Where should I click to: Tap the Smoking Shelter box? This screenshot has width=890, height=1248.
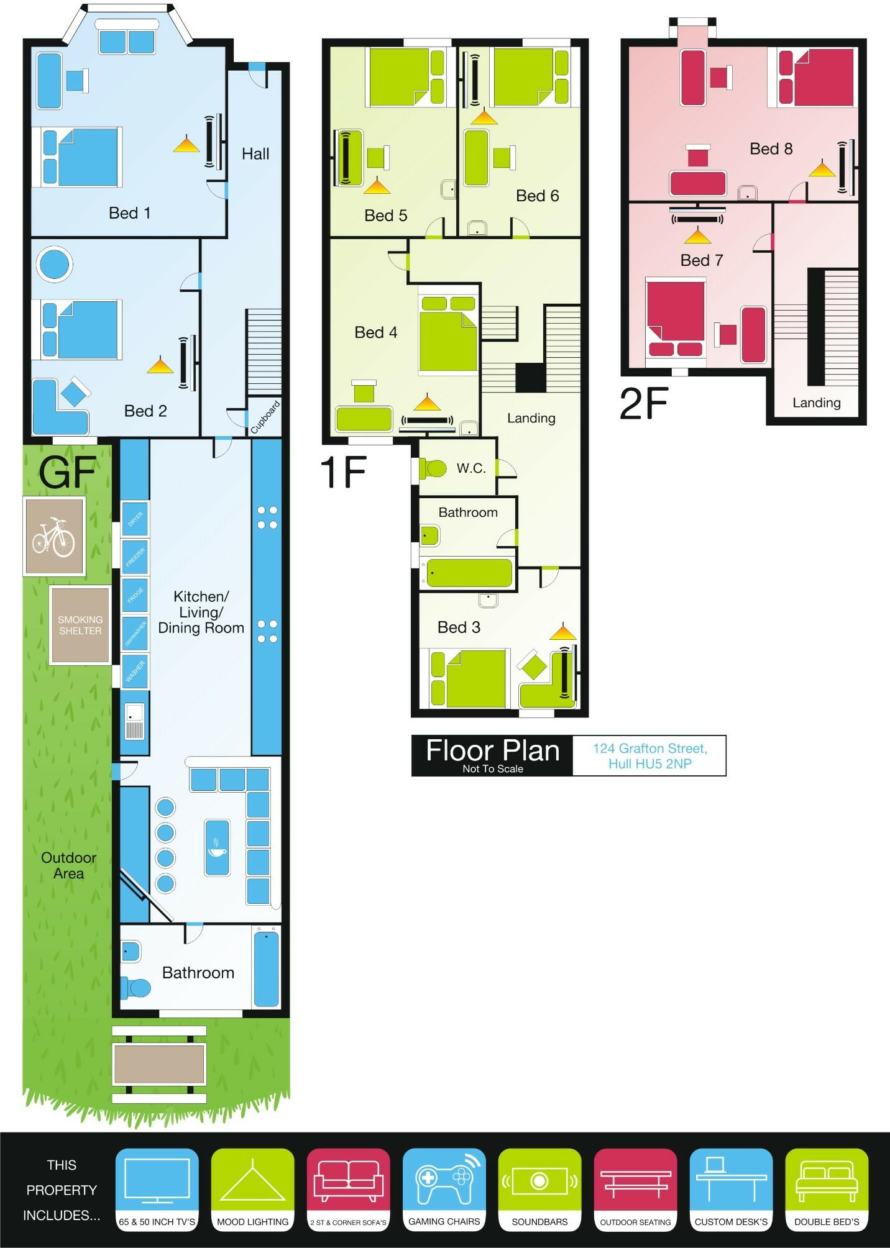tap(80, 625)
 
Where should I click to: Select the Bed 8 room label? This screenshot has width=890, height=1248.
tap(771, 149)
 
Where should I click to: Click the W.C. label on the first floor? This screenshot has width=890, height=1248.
tap(471, 468)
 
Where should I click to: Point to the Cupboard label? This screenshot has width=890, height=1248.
tap(265, 417)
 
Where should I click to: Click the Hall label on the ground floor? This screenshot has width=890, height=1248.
tap(255, 154)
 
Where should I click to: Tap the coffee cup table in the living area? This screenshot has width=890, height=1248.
tap(216, 847)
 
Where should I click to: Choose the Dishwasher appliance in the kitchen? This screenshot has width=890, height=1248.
tap(135, 634)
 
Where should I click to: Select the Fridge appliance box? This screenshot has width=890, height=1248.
tap(135, 596)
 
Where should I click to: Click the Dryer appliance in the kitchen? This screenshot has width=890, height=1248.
tap(135, 519)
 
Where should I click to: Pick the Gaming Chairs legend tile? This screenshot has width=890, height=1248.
tap(444, 1188)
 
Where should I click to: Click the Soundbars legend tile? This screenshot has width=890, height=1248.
tap(539, 1188)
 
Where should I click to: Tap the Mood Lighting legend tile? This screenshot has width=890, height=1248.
tap(252, 1188)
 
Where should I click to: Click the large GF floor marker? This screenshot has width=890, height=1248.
tap(67, 473)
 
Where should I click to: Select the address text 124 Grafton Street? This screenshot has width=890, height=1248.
tap(649, 749)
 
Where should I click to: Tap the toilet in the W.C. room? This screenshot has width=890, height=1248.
tap(432, 468)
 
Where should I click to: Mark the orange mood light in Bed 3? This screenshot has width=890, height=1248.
tap(563, 632)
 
